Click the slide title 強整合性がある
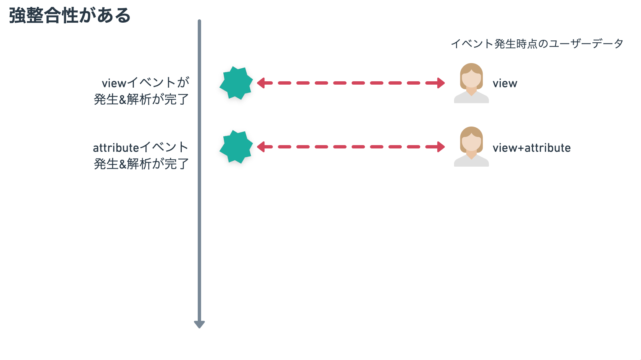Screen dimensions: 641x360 point(70,16)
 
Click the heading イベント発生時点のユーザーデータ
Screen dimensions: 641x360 point(537,44)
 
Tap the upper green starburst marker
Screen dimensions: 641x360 point(236,83)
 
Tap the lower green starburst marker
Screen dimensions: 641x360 point(236,147)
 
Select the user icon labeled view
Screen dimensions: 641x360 point(471,83)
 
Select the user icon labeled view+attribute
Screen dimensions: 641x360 point(471,147)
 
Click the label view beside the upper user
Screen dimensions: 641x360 point(505,84)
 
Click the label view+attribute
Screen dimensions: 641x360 point(532,148)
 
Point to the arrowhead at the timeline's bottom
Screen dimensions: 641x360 point(199,324)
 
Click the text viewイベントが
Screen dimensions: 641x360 point(145,82)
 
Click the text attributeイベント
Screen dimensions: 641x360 point(141,147)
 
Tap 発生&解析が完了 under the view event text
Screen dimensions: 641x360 point(141,99)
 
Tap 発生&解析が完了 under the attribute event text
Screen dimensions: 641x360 point(141,164)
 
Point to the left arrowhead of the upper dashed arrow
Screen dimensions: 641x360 point(261,83)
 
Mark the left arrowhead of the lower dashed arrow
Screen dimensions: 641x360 point(261,147)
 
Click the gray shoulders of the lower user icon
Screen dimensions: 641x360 point(471,162)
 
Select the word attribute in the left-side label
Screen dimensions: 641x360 point(116,148)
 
